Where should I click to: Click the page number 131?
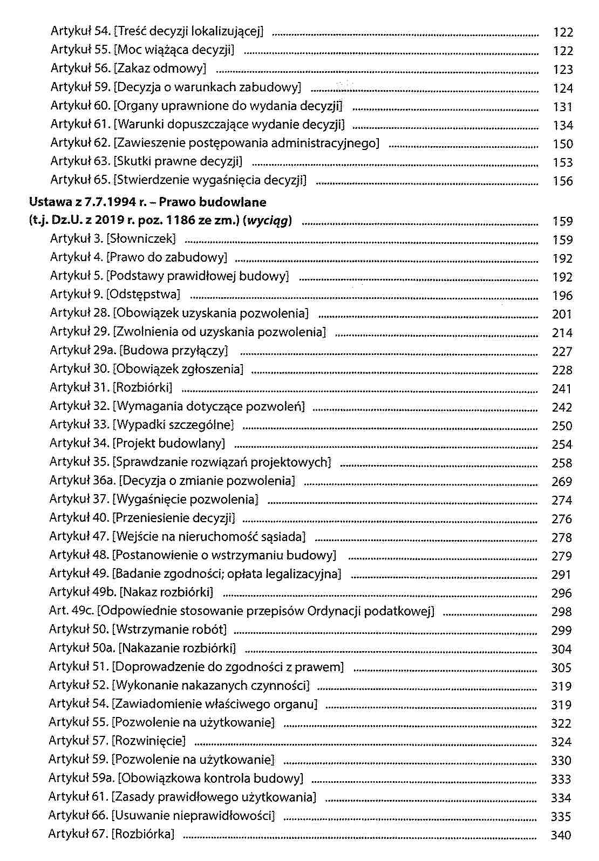pyautogui.click(x=562, y=107)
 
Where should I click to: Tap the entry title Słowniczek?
pyautogui.click(x=141, y=239)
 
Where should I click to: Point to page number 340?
pyautogui.click(x=561, y=835)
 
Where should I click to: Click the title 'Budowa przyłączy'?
pyautogui.click(x=173, y=351)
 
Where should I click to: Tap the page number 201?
pyautogui.click(x=562, y=314)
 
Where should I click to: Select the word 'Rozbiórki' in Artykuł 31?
pyautogui.click(x=143, y=388)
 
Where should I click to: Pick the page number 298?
pyautogui.click(x=561, y=612)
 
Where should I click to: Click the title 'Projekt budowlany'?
pyautogui.click(x=169, y=443)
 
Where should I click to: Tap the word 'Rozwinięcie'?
pyautogui.click(x=148, y=741)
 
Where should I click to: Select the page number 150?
pyautogui.click(x=562, y=144)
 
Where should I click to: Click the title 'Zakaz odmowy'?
pyautogui.click(x=160, y=69)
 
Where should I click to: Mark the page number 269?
pyautogui.click(x=561, y=481)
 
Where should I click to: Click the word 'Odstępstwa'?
pyautogui.click(x=144, y=295)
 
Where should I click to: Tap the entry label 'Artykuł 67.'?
pyautogui.click(x=78, y=834)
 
